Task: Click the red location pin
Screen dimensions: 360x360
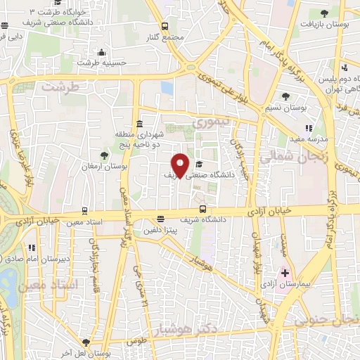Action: click(x=180, y=165)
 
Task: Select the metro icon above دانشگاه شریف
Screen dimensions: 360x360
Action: click(x=203, y=209)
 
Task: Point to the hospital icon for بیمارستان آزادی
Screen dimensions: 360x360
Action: click(x=285, y=273)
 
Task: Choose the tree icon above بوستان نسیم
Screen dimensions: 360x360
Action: click(x=285, y=97)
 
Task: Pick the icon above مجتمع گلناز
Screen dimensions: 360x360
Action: click(x=165, y=25)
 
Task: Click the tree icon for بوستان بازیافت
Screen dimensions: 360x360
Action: click(x=324, y=13)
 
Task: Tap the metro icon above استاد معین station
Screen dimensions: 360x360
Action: click(x=85, y=210)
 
